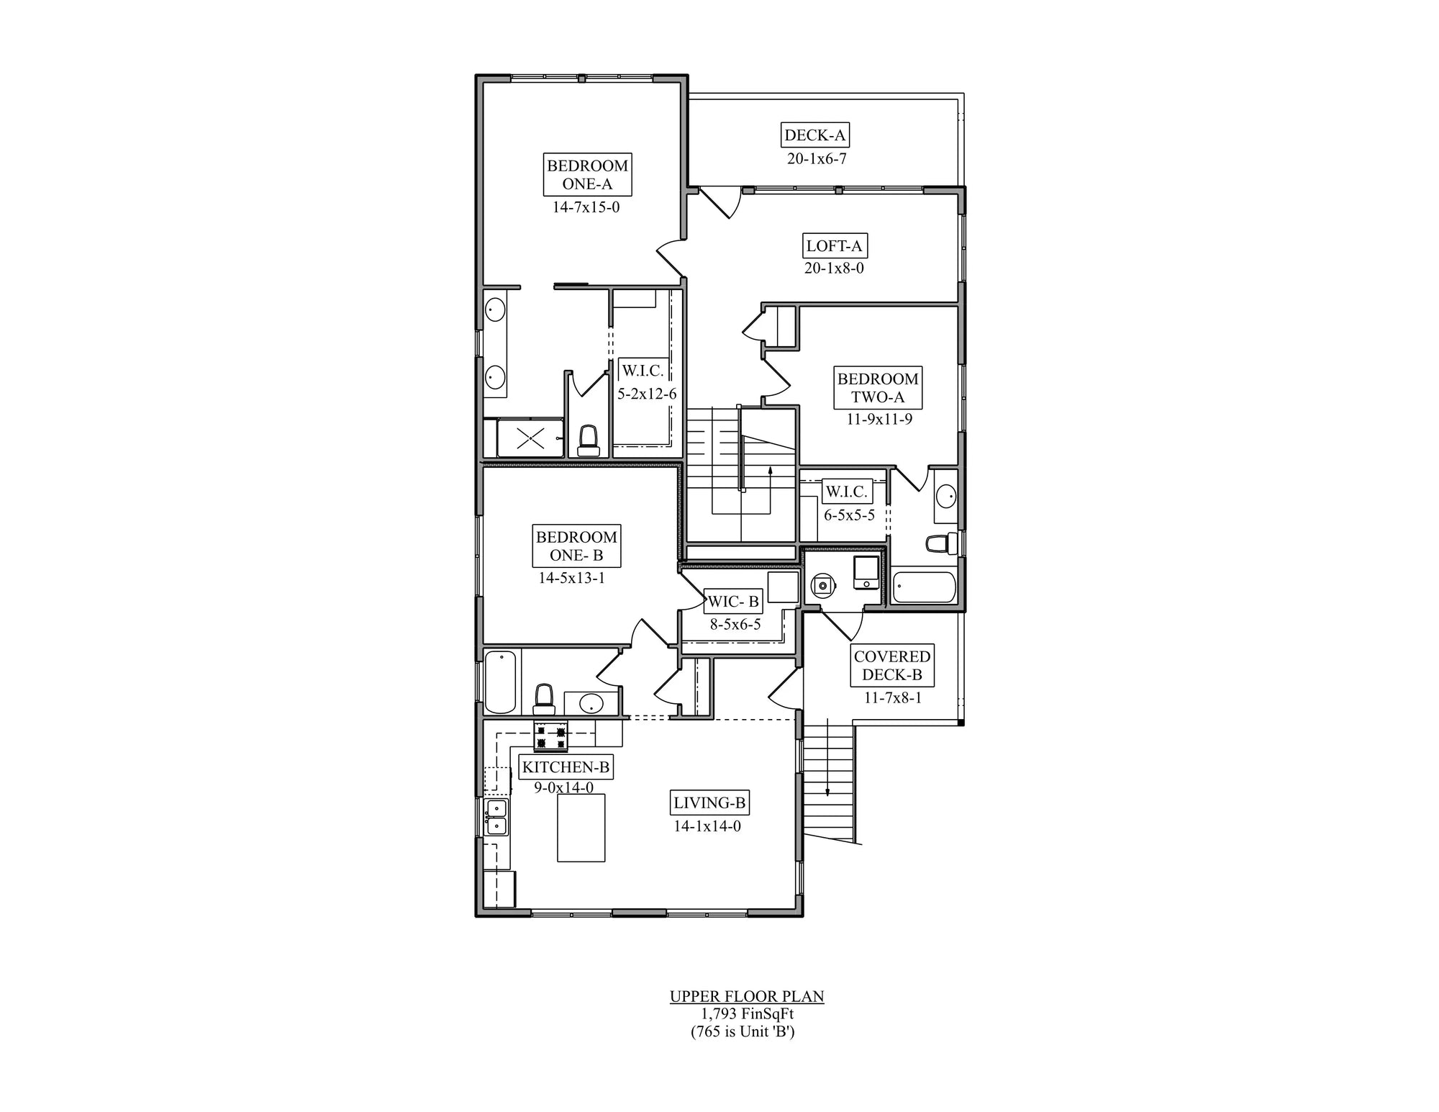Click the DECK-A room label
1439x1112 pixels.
(814, 135)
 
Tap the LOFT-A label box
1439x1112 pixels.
(834, 246)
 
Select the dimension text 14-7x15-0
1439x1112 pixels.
(586, 207)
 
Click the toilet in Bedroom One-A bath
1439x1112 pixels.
(589, 440)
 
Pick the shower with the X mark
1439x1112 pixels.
(530, 438)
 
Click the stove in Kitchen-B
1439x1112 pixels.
(550, 736)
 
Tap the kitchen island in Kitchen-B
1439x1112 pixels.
(581, 828)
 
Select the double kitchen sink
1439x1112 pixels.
(496, 817)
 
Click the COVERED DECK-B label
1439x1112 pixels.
(891, 666)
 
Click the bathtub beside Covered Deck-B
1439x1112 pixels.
(924, 587)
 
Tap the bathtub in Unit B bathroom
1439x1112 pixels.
(500, 681)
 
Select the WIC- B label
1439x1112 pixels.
(733, 602)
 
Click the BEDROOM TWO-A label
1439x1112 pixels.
(878, 388)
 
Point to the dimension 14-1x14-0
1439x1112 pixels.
(707, 826)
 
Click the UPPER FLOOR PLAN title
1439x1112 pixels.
(747, 997)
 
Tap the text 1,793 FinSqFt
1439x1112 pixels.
(747, 1014)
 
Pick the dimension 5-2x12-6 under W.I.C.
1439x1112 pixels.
(646, 394)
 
